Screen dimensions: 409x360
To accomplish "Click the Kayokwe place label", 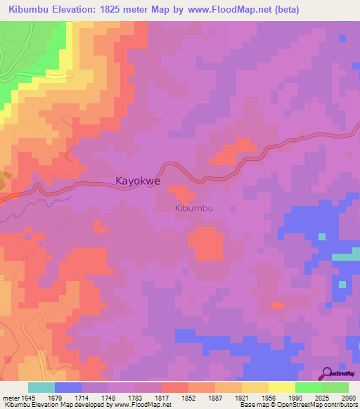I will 138,181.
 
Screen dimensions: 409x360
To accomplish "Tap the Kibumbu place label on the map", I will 193,209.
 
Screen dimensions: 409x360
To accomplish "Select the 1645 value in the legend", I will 27,397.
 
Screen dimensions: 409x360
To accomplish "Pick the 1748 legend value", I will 108,397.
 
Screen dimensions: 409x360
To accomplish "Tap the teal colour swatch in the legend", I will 41,387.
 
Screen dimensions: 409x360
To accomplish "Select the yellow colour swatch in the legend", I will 281,387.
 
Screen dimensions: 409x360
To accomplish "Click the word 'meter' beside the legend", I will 10,397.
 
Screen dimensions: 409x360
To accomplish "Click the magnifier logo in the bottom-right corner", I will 326,374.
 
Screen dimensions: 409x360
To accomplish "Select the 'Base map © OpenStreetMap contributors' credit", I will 297,405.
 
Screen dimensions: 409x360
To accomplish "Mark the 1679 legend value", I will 54,397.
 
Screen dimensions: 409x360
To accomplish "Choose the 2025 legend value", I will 313,397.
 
